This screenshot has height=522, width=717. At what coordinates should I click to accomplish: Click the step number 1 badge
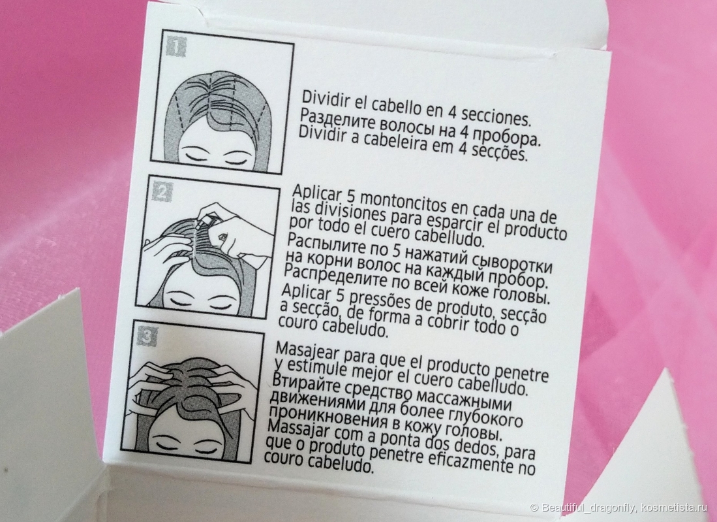coord(176,46)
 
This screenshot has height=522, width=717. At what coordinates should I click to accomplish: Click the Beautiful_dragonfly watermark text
coord(588,508)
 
